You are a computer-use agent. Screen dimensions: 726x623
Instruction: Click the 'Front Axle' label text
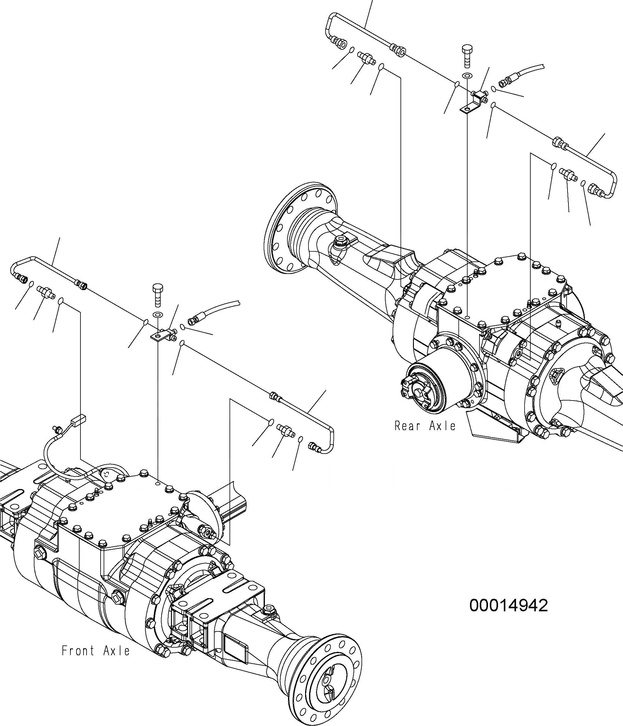click(96, 651)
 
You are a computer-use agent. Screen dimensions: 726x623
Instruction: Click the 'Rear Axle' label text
click(425, 426)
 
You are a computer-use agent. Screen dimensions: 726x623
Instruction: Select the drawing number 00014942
click(508, 606)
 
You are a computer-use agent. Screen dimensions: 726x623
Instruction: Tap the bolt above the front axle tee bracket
click(157, 295)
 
